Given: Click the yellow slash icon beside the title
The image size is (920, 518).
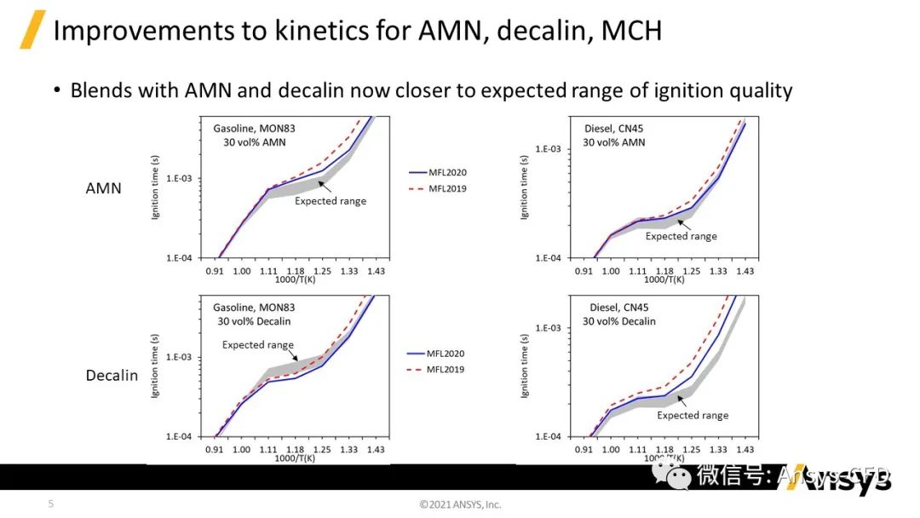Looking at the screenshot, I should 32,31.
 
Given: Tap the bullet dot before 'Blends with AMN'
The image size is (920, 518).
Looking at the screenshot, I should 57,90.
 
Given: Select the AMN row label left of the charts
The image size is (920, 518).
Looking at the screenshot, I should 104,187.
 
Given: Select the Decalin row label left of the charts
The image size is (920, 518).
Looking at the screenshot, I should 112,375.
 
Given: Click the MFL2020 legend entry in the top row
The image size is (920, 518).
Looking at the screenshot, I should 447,172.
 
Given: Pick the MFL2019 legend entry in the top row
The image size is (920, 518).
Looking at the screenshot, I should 447,188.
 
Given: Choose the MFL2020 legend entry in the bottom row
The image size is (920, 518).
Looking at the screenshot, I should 447,354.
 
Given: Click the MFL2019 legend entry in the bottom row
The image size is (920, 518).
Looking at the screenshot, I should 447,370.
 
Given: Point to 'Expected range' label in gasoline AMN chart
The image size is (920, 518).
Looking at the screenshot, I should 331,201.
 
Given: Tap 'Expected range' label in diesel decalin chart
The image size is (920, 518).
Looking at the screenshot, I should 693,416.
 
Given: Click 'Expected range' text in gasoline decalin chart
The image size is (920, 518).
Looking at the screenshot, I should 257,345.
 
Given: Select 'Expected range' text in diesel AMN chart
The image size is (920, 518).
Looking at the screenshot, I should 681,236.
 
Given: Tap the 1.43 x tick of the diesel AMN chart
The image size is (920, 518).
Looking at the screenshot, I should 745,271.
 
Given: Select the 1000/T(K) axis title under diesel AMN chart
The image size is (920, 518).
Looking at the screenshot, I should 664,280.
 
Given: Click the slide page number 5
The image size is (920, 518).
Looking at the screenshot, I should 50,504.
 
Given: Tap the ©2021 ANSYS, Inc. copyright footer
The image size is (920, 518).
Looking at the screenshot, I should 460,504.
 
